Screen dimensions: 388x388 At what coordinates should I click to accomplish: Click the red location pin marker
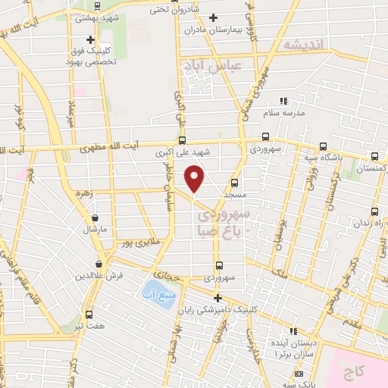tap(194, 179)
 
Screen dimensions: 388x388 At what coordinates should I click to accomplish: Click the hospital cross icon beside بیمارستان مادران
tap(213, 17)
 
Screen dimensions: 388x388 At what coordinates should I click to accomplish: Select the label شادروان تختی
tap(171, 10)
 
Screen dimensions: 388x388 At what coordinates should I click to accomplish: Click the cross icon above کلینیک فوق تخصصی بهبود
tap(90, 39)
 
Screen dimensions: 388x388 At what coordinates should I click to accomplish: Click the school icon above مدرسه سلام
tap(283, 101)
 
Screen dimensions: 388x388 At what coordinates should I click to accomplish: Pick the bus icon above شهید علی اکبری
tap(181, 139)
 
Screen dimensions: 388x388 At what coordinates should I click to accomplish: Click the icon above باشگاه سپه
tap(324, 146)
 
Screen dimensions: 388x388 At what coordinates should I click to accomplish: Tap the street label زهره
tap(83, 193)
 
